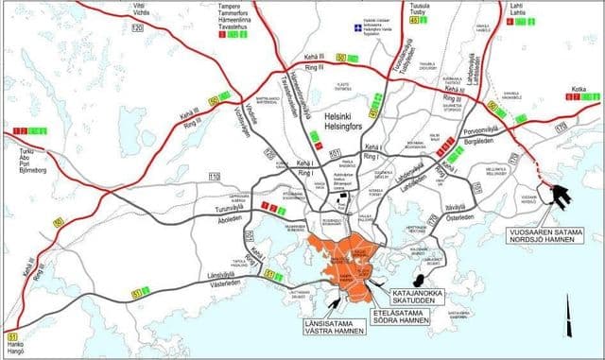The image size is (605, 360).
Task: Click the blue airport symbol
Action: pos(356,28)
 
